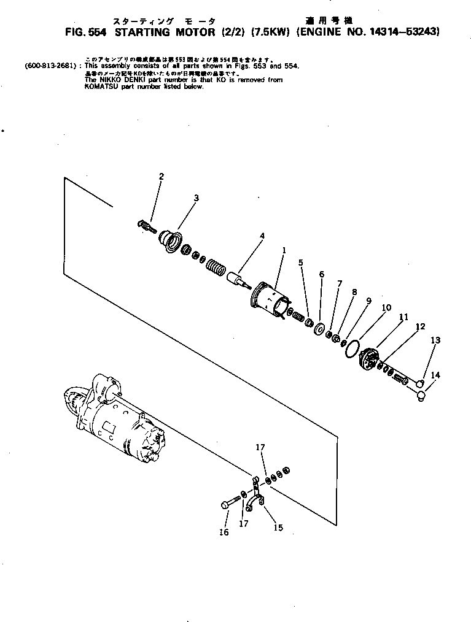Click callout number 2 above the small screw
pyautogui.click(x=161, y=177)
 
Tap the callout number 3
pyautogui.click(x=196, y=198)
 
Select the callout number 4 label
pyautogui.click(x=262, y=235)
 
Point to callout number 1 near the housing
pyautogui.click(x=284, y=250)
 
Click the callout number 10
pyautogui.click(x=386, y=308)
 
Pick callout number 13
pyautogui.click(x=435, y=340)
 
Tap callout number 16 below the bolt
pyautogui.click(x=224, y=532)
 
